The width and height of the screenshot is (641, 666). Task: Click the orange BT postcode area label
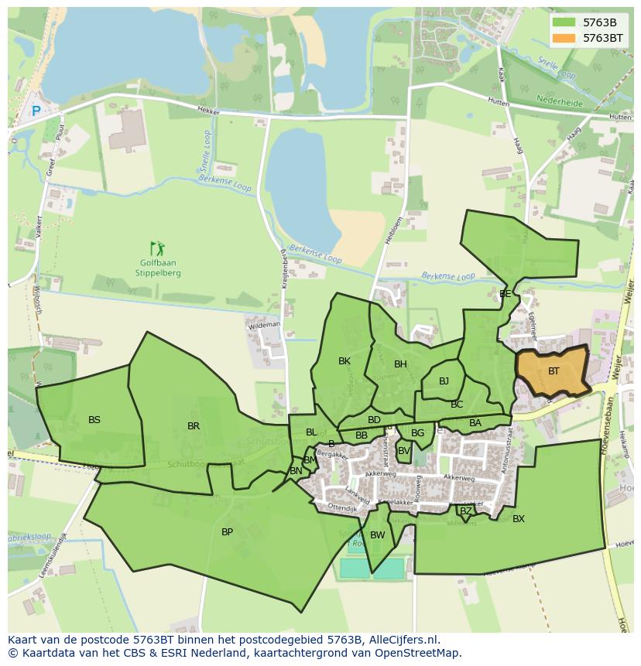pos(554,371)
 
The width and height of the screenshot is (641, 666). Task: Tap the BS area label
pos(94,420)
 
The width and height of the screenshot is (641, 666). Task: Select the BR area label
pos(194,426)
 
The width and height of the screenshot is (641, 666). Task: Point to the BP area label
pos(227,532)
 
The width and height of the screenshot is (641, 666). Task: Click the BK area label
pos(344,361)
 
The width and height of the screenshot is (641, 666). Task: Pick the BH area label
pos(400,364)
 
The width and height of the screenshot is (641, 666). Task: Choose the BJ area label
pos(444,381)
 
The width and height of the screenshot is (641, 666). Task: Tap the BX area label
pos(519,519)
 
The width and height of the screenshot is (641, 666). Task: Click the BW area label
pos(378,535)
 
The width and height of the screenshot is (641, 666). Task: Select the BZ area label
pos(465,511)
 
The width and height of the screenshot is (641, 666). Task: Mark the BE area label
pos(505,294)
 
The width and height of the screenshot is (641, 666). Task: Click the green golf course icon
pos(158,249)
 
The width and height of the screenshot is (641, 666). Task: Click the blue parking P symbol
pos(36,111)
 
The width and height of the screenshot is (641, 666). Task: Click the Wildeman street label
pos(264,326)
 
